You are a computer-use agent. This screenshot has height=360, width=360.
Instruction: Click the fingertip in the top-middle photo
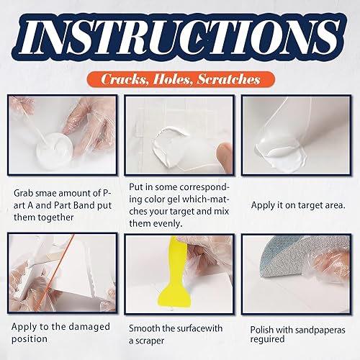[223, 156]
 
